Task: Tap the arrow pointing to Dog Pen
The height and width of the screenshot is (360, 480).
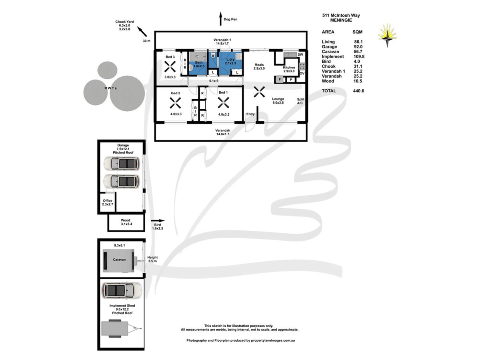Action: (x=220, y=18)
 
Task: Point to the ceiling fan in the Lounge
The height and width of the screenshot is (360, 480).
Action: (x=260, y=92)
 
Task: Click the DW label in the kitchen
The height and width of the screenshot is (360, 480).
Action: (x=300, y=54)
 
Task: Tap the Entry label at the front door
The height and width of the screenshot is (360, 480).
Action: (x=250, y=114)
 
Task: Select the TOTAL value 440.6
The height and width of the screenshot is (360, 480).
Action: (x=358, y=91)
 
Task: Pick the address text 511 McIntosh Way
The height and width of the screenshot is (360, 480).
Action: (x=341, y=15)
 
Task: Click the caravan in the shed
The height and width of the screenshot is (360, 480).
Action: (x=119, y=260)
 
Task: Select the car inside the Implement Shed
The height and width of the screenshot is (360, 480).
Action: (x=122, y=291)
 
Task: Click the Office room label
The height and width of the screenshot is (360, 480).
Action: (x=108, y=202)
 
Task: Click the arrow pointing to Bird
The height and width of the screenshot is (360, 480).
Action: (x=158, y=220)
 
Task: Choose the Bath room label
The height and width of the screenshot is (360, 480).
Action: (x=199, y=63)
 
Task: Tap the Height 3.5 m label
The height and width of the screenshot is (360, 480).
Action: (x=153, y=259)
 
